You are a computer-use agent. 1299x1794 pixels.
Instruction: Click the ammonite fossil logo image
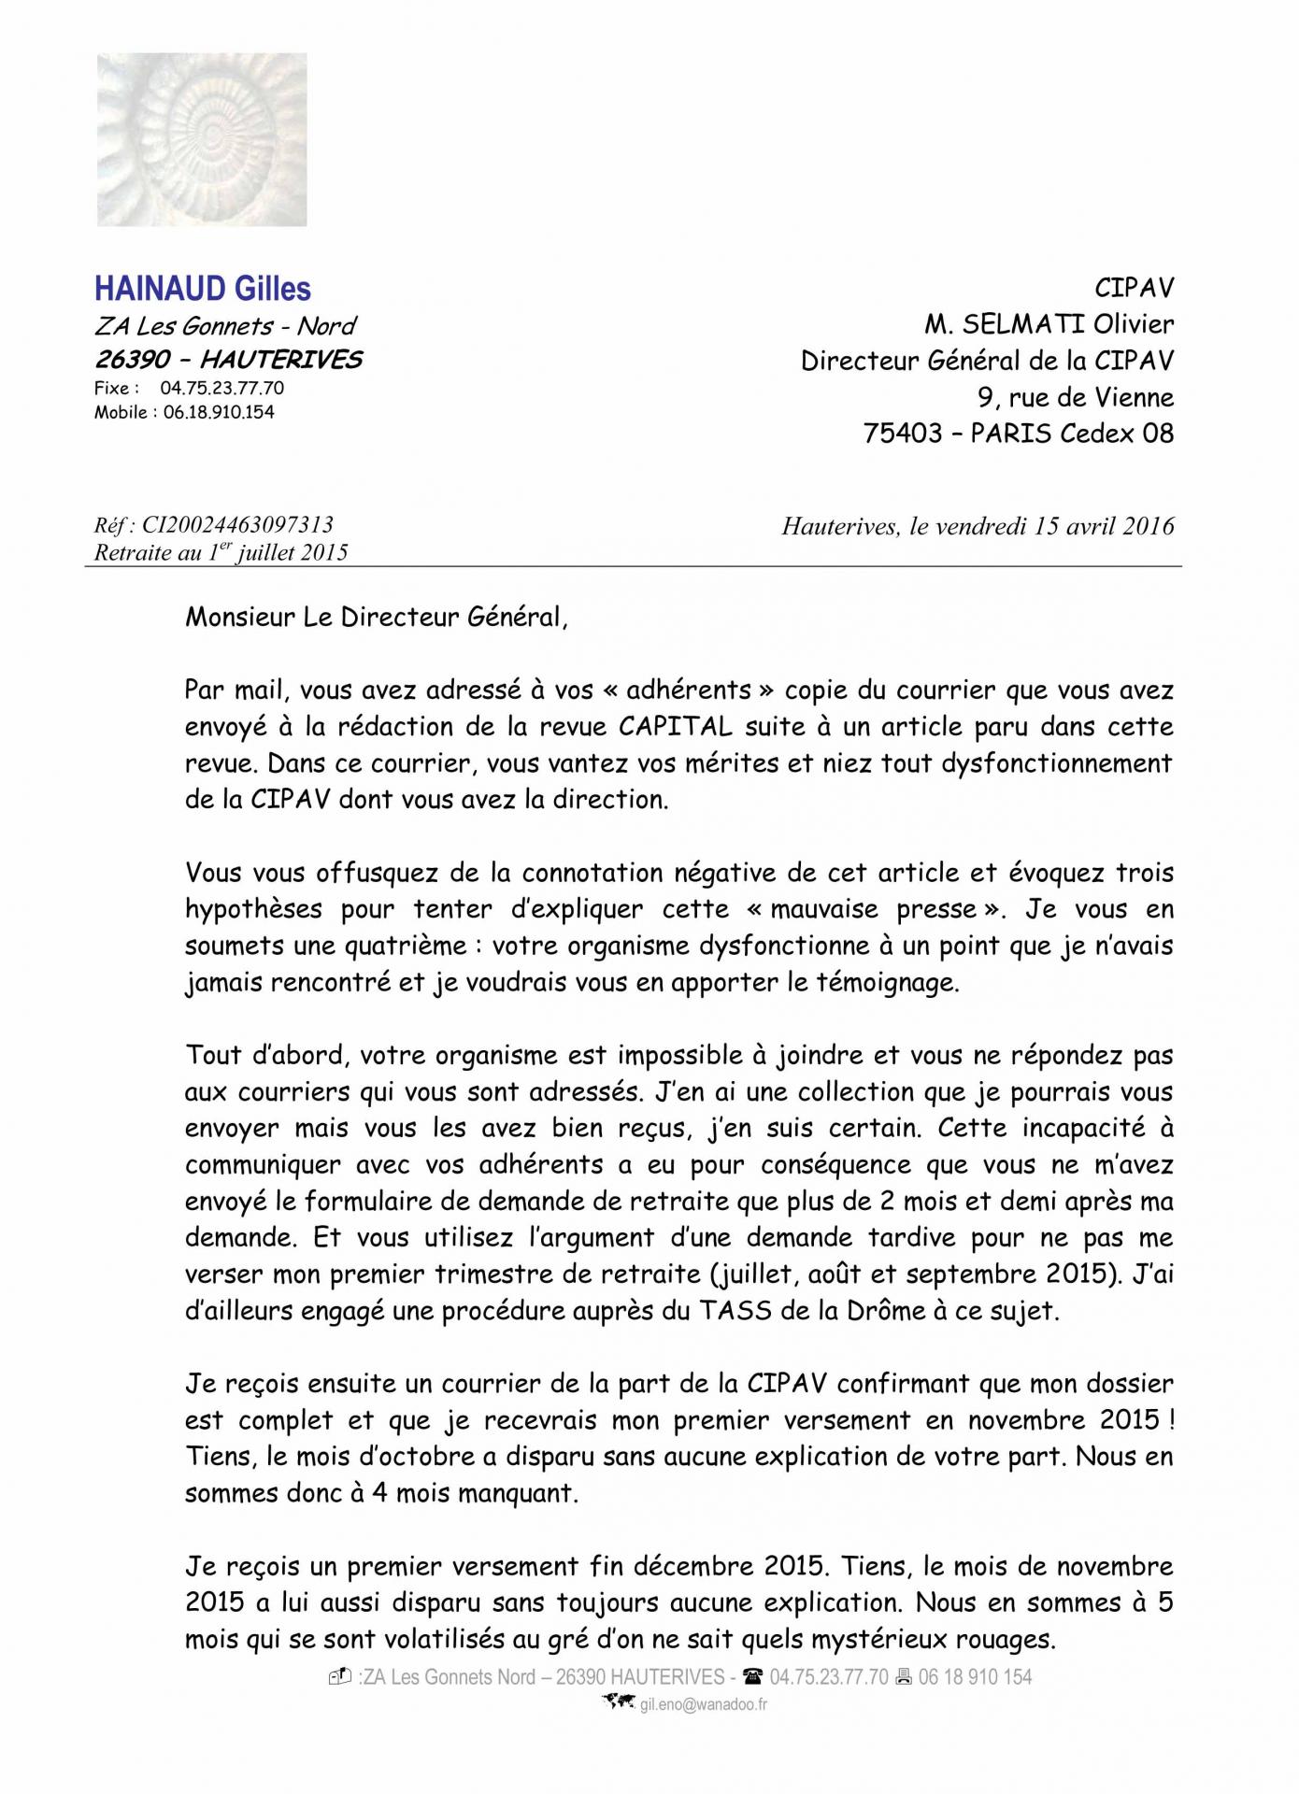click(202, 139)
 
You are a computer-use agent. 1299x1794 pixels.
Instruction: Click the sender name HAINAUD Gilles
click(203, 289)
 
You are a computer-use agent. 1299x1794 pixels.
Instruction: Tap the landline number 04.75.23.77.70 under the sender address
click(222, 389)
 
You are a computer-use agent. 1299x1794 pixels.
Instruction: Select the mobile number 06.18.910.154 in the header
click(219, 412)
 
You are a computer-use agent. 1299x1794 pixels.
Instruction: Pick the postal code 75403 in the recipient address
click(903, 434)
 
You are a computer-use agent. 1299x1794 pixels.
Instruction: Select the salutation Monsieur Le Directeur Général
click(376, 618)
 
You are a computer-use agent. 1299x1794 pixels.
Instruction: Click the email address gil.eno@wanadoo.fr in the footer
click(703, 1704)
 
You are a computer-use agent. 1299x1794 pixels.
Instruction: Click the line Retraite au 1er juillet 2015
click(221, 552)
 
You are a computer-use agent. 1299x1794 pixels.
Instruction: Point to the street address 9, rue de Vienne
click(1076, 397)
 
